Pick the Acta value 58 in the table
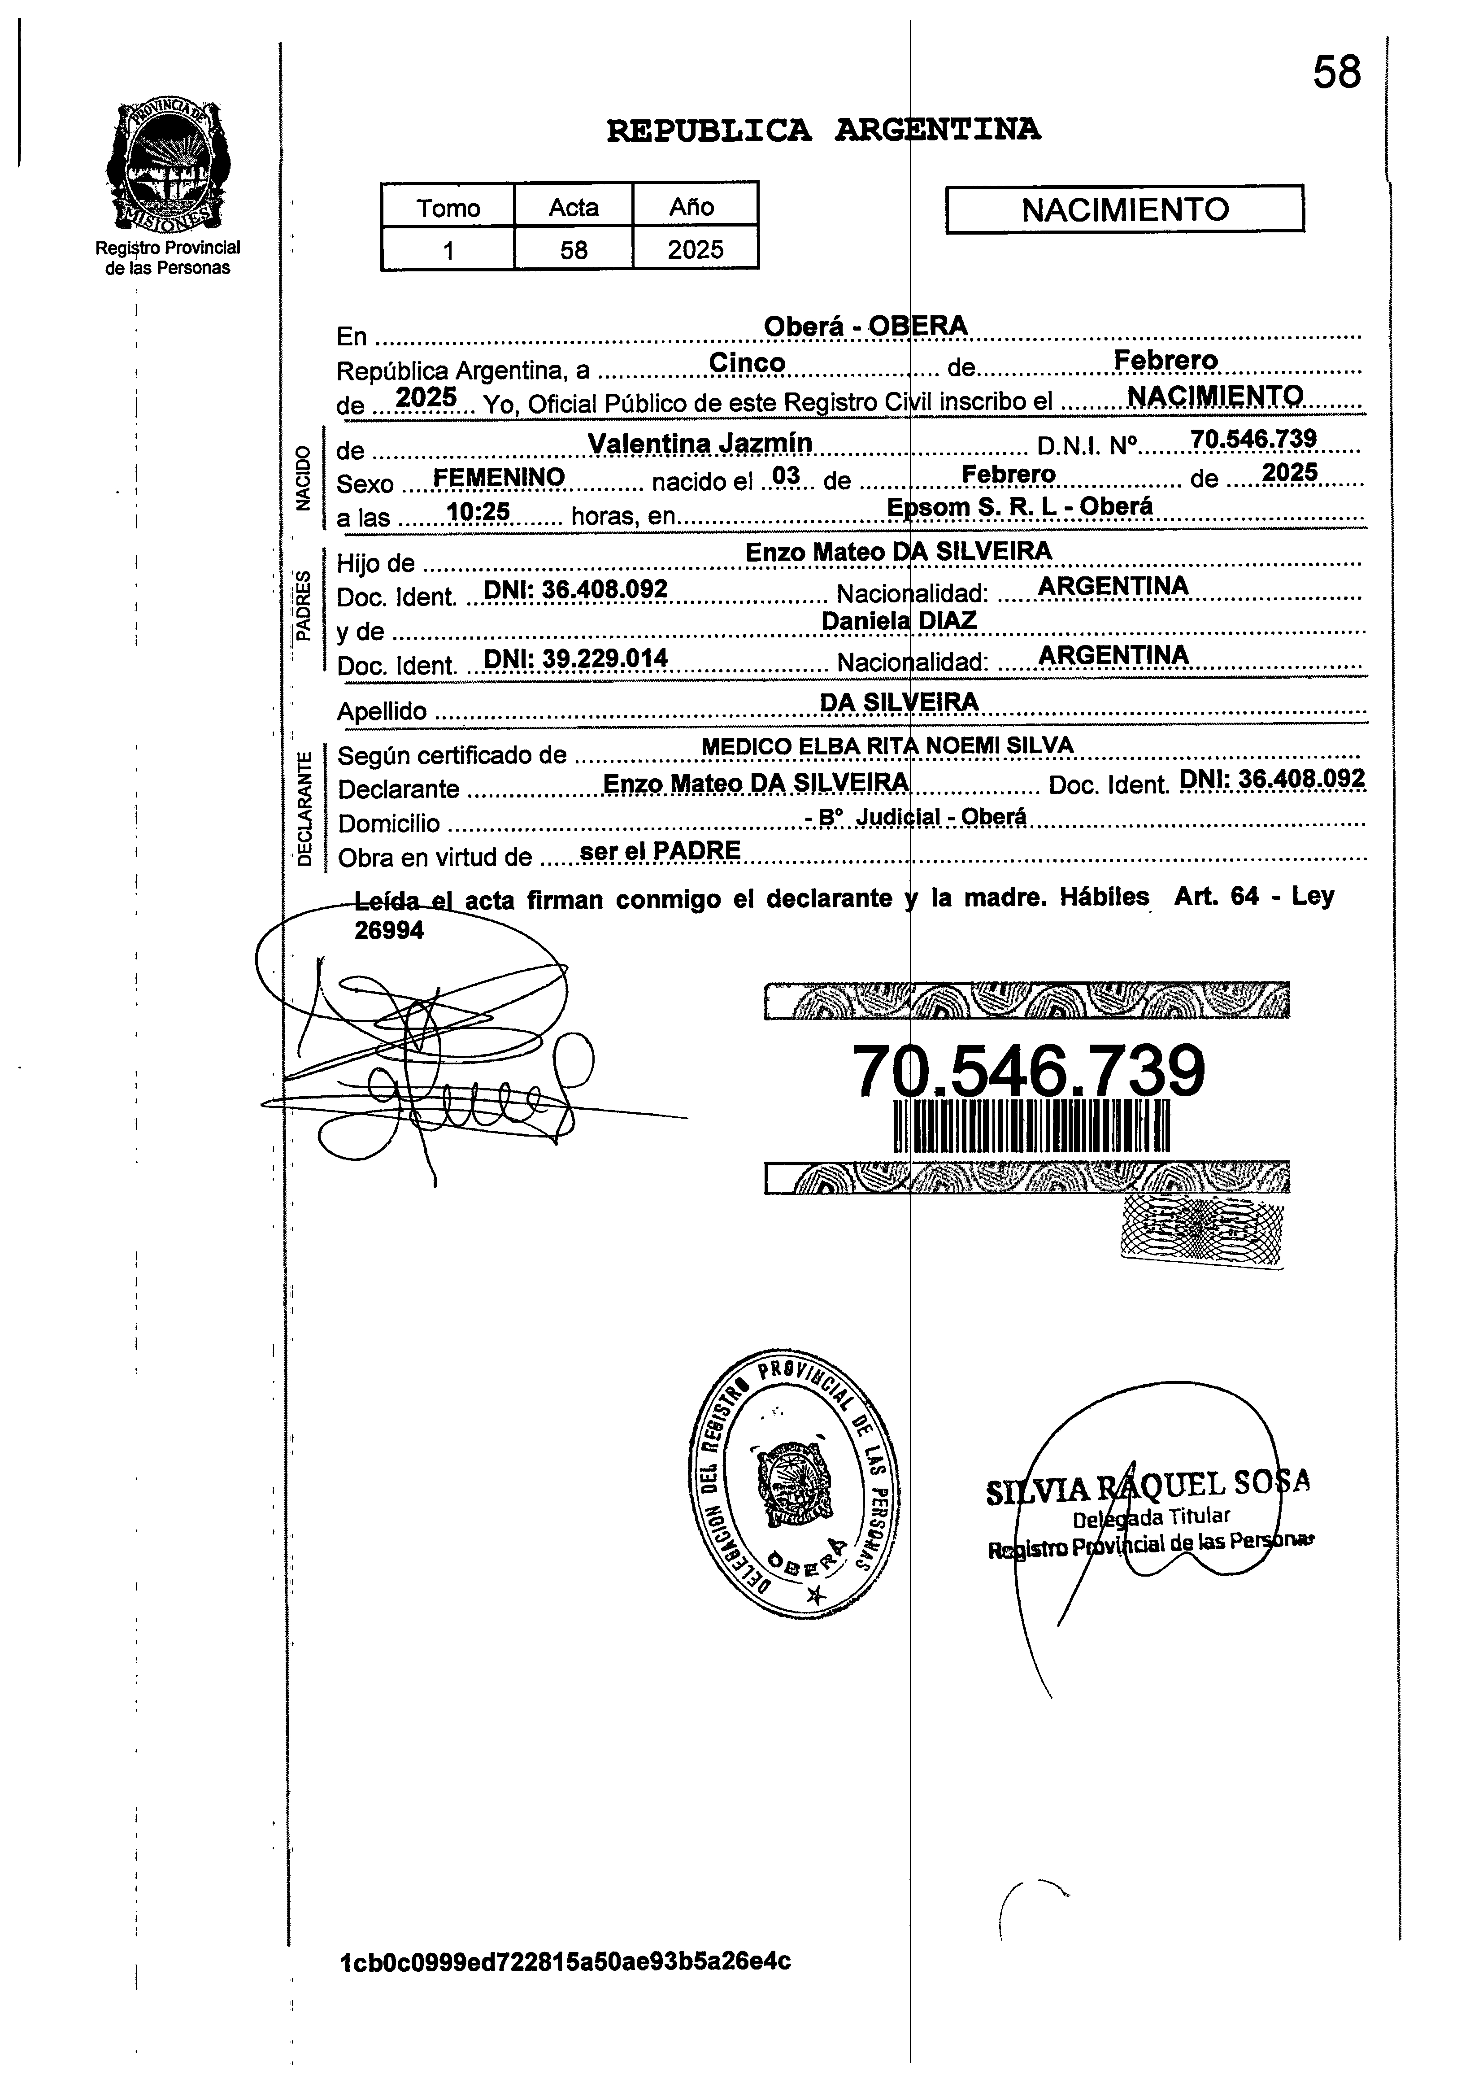(574, 249)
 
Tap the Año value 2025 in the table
(695, 249)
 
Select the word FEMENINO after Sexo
(499, 477)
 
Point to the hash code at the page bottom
(564, 1961)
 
